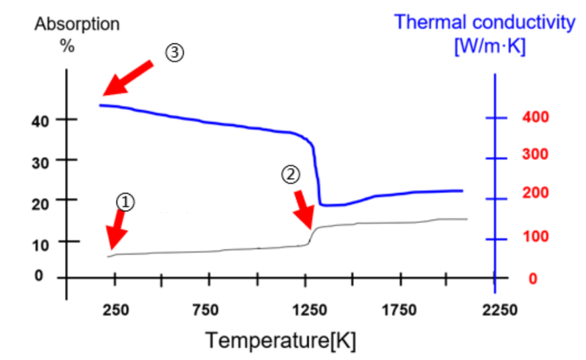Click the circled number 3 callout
coord(175,54)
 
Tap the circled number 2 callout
coord(291,174)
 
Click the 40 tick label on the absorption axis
coord(41,120)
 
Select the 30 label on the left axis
coord(41,160)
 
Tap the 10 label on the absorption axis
coord(41,242)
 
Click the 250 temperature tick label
coord(116,311)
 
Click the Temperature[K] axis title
coord(281,340)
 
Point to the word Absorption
coord(77,24)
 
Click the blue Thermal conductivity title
coord(485,22)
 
